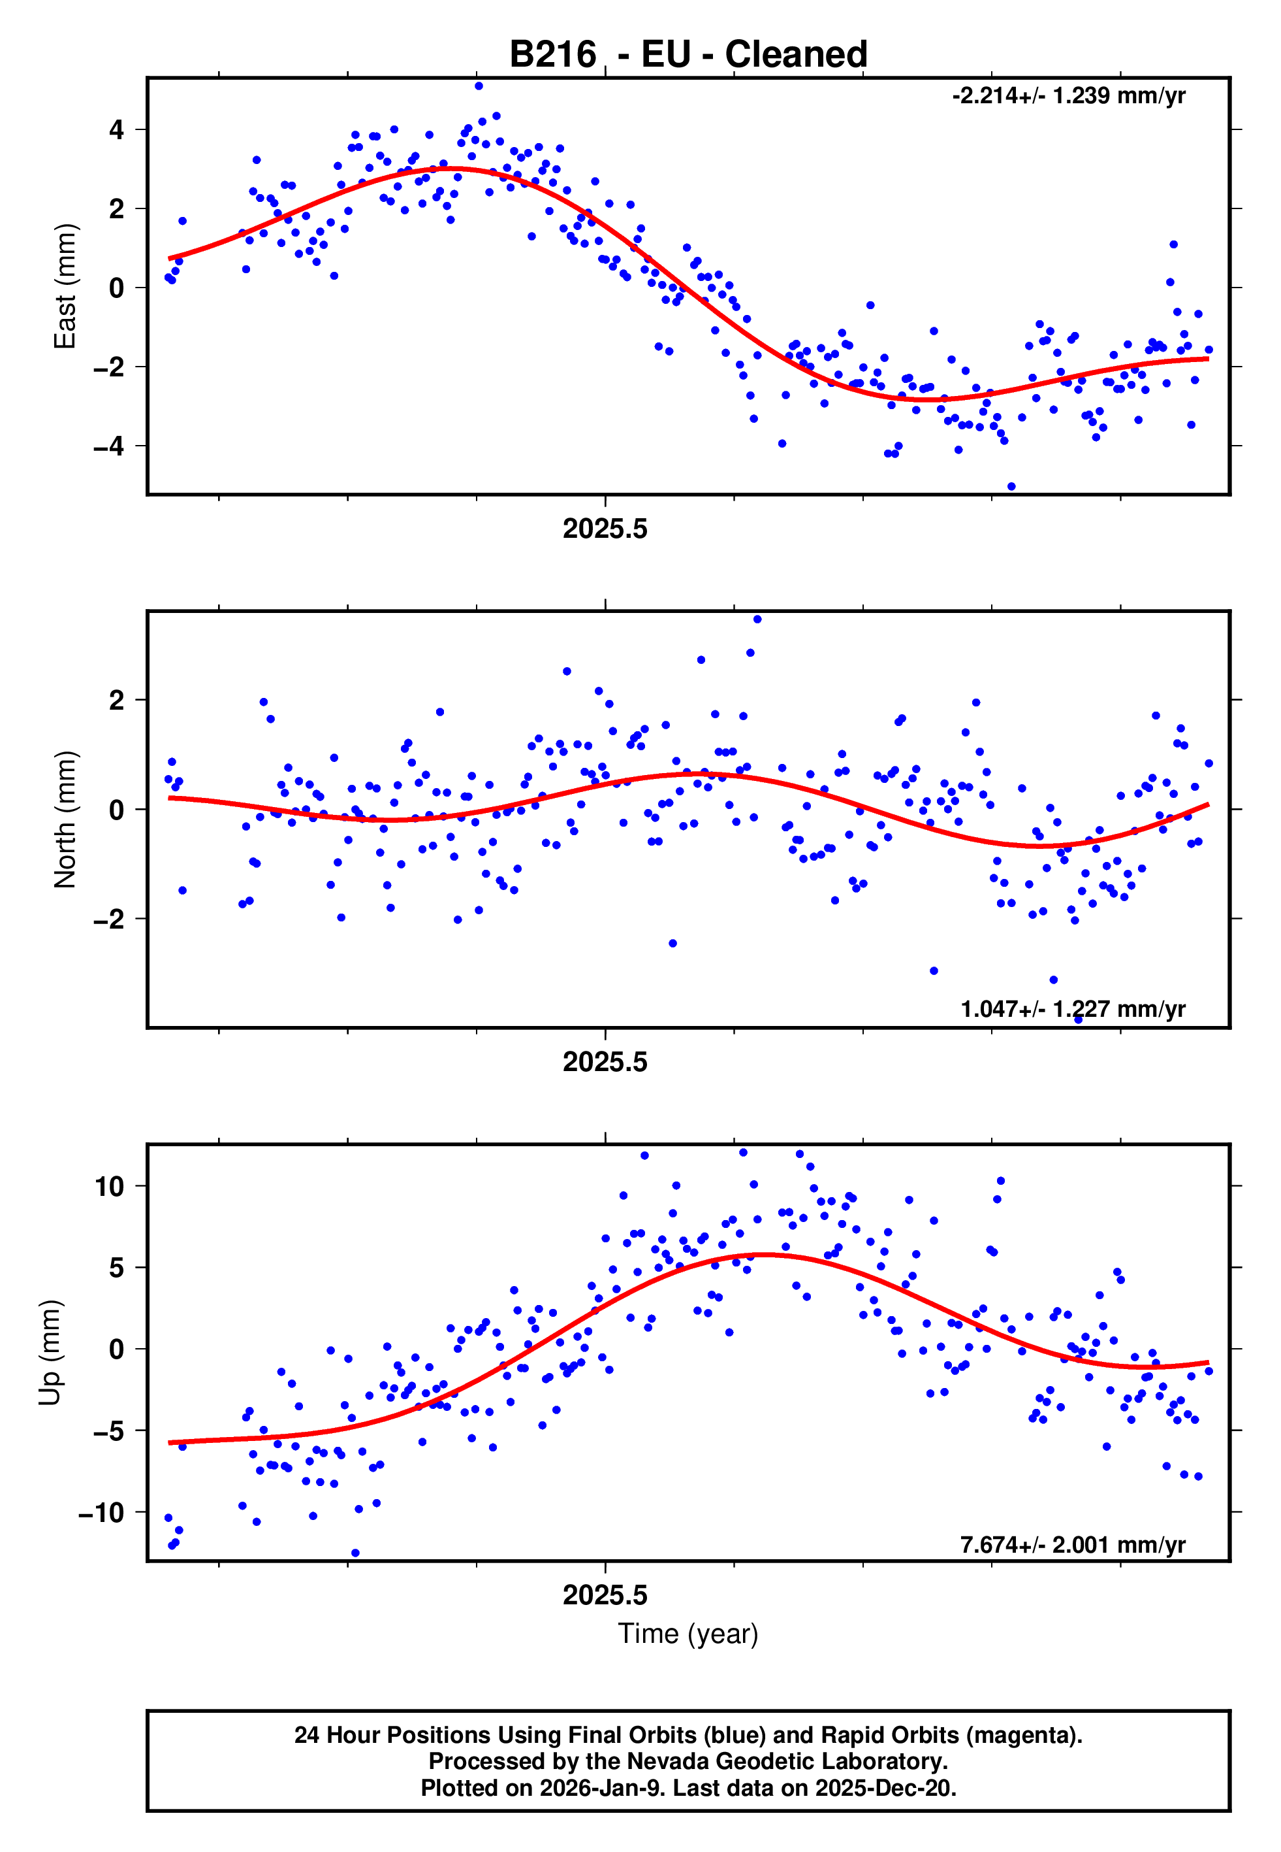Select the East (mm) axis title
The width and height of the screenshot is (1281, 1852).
tap(65, 287)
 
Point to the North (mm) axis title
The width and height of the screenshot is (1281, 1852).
tap(65, 819)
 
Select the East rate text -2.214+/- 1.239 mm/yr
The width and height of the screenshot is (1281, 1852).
tap(1068, 96)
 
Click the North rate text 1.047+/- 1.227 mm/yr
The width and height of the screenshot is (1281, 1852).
tap(1072, 1009)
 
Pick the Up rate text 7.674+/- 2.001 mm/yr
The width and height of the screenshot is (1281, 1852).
tap(1072, 1544)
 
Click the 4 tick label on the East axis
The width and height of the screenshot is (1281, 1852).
tap(117, 129)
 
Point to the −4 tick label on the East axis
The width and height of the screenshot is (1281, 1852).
tap(109, 446)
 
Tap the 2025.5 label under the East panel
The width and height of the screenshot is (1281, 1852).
tap(605, 529)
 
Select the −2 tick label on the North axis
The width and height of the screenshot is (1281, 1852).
tap(109, 919)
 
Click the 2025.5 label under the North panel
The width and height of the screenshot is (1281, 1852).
tap(605, 1063)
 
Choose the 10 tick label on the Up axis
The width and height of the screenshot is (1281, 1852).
tap(109, 1186)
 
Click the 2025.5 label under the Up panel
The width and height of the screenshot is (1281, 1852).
tap(605, 1596)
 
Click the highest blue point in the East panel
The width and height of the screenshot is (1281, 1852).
tap(479, 86)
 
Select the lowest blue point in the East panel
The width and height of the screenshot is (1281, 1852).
tap(1011, 487)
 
